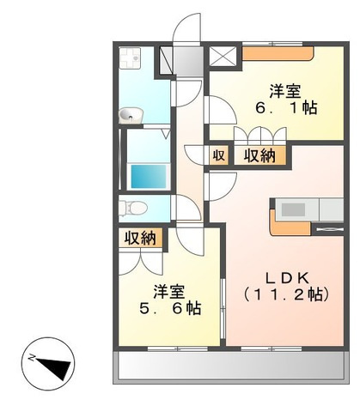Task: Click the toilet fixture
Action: pos(132,208)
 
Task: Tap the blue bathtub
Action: pos(149,176)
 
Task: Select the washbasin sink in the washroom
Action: pos(131,116)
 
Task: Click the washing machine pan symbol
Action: pos(130,58)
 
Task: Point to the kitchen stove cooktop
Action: pos(293,209)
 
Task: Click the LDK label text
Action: pos(287,278)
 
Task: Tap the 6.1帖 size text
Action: pos(286,108)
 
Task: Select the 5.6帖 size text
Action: pos(170,308)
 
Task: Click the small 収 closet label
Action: pos(218,155)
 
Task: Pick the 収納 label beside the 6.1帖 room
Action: pos(259,156)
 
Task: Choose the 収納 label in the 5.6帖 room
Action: pos(140,238)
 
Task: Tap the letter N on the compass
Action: pos(32,357)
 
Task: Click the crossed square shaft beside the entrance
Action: pos(223,56)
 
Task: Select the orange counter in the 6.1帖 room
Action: pos(278,53)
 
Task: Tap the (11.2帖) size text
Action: pos(286,294)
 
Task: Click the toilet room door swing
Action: pos(186,207)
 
